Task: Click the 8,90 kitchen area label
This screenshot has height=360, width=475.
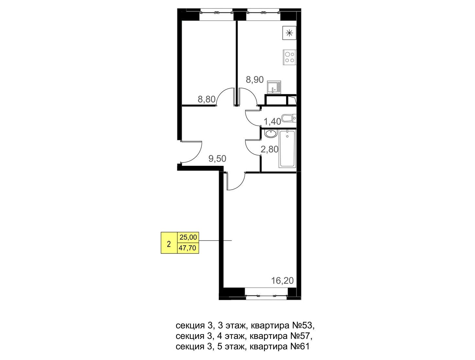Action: coord(255,80)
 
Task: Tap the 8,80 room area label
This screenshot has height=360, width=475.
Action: coord(207,99)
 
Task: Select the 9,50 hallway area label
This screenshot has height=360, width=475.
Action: coord(217,159)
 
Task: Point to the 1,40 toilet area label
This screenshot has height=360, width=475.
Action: coord(272,121)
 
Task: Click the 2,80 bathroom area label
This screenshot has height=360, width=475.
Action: coord(270,149)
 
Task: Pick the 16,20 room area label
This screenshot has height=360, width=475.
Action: coord(282,281)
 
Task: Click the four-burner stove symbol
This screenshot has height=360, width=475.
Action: coord(290,57)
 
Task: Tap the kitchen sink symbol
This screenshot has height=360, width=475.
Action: coord(274,87)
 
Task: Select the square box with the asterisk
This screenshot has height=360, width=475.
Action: coord(289,33)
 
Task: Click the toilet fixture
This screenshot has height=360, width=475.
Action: coord(289,118)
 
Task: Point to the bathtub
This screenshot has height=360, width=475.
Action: coord(287,149)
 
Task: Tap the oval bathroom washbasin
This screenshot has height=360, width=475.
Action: coord(271,134)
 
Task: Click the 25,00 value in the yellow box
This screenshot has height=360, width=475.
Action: coord(188,237)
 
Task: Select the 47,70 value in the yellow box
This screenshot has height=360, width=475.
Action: coord(187,248)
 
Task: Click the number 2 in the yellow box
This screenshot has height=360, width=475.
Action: coord(169,244)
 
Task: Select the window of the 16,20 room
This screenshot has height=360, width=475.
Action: coord(266,297)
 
